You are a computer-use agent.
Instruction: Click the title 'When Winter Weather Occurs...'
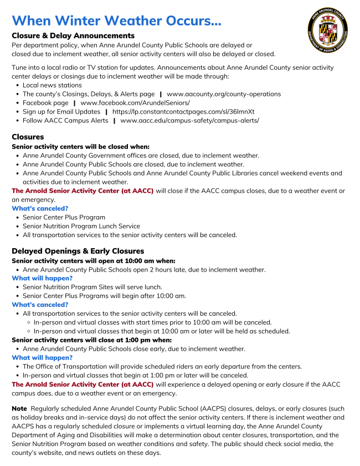pos(116,21)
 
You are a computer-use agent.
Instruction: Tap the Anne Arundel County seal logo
pos(328,29)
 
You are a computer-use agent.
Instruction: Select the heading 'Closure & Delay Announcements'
pos(73,35)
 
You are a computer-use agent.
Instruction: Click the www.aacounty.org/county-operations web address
pos(224,94)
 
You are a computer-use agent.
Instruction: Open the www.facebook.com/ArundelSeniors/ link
pos(135,103)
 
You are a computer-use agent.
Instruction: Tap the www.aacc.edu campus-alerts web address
pos(189,120)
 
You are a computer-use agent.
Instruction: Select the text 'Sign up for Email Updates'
pos(61,111)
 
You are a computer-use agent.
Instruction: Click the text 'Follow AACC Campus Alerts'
pos(65,120)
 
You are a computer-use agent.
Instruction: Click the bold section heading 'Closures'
pos(28,137)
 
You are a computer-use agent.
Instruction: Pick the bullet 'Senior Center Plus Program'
pos(64,217)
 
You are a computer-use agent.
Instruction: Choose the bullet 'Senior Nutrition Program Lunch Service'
pos(81,226)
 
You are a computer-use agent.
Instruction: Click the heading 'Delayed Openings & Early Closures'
pos(78,251)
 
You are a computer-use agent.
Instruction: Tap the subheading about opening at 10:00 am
pos(94,260)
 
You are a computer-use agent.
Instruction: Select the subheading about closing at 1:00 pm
pos(91,340)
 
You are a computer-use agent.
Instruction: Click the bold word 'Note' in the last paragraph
pos(19,408)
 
